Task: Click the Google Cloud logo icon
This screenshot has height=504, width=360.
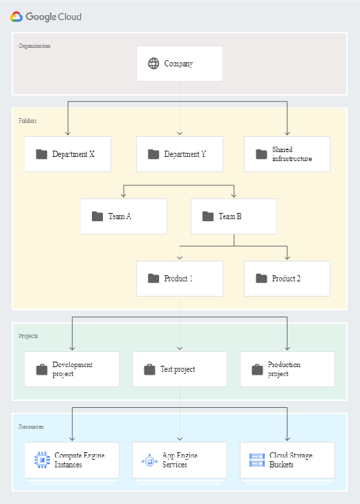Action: [17, 17]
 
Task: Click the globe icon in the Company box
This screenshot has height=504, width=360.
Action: [153, 64]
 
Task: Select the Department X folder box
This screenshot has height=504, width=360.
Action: [68, 154]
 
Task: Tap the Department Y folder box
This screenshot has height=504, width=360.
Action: [180, 154]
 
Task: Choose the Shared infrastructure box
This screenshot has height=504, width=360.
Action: [287, 154]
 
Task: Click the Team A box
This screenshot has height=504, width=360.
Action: [123, 216]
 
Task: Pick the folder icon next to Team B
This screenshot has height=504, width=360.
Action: [208, 216]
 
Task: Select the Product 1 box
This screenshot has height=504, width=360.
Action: [180, 279]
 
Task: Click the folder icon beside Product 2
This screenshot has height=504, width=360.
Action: [261, 279]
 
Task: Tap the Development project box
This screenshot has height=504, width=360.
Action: [72, 369]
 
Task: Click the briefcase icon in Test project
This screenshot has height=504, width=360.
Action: [149, 370]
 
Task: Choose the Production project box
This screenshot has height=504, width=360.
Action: [287, 369]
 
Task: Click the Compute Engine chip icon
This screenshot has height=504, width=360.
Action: [42, 460]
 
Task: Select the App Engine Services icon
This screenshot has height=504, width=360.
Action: [149, 460]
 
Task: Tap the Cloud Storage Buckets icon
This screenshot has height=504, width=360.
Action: [257, 460]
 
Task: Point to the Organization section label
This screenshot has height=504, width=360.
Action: [34, 46]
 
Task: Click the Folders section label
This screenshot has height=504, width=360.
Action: [28, 120]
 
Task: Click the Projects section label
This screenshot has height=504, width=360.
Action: [28, 336]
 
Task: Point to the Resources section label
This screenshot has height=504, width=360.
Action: [31, 427]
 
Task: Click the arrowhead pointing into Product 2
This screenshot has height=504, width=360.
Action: [287, 257]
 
